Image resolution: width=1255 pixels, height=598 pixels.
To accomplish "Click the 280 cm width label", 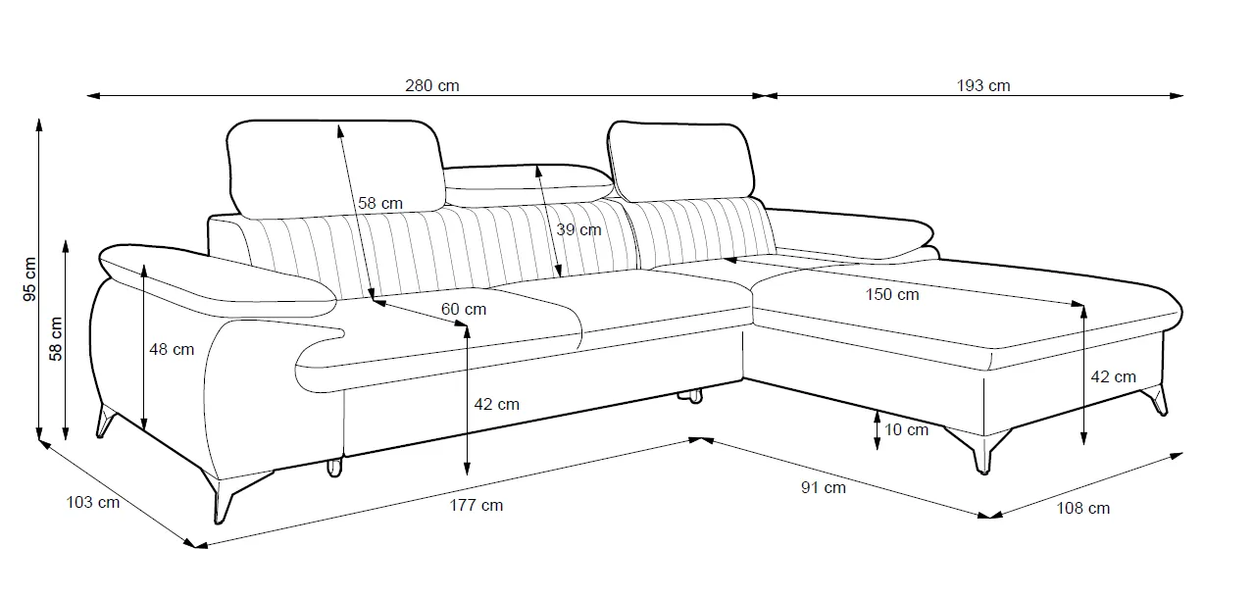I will (432, 85).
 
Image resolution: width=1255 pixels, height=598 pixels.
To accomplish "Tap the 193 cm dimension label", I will (983, 85).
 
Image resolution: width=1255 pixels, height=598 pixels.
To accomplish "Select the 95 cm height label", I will (28, 279).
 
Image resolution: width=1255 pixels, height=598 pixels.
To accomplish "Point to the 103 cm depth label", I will (92, 503).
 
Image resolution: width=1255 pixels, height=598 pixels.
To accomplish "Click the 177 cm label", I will (477, 505).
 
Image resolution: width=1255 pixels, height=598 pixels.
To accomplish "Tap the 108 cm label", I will (1083, 508).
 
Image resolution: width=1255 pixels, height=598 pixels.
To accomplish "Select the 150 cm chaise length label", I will (892, 294).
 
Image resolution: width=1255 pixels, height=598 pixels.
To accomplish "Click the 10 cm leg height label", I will (905, 429).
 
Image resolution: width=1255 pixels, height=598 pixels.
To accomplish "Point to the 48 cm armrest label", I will (172, 349).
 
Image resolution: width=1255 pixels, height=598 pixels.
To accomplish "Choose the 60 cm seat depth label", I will (463, 309).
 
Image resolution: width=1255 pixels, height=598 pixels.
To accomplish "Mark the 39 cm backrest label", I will (578, 229).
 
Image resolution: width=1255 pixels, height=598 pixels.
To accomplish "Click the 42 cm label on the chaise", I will (1113, 376).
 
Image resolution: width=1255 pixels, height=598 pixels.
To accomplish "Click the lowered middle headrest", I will (528, 178).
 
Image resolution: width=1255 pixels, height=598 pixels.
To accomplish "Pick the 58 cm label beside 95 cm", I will (56, 338).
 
